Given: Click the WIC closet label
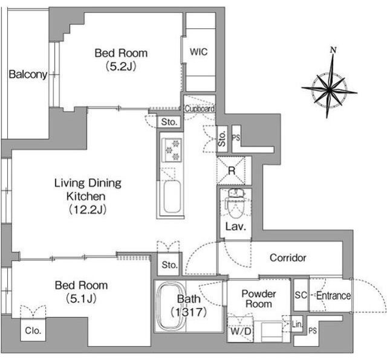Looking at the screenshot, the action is point(199,52).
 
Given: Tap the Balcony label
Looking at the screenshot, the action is point(28,74).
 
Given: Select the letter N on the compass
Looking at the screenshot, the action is point(333,50).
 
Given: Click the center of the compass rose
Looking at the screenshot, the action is point(329,90).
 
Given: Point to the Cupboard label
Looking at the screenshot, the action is point(200,109).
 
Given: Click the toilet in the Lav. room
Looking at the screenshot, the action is point(235,204).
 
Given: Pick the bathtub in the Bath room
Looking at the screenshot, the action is point(171,307).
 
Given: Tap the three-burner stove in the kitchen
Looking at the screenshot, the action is point(172,150).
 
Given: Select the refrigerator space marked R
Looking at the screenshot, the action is point(231,170).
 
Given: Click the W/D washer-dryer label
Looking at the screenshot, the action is point(241,331).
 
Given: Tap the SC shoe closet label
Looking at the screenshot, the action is point(301,295).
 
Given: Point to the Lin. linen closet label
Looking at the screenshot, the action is point(297,324).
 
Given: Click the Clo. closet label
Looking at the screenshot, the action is point(33,330).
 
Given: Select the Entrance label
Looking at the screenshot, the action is point(333,295).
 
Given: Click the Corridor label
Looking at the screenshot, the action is point(288,258).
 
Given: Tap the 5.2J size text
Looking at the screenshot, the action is point(121,66).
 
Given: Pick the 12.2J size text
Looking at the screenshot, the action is point(88,210).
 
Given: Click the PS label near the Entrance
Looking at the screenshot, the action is point(313,330).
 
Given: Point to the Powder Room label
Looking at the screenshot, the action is point(259,298).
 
